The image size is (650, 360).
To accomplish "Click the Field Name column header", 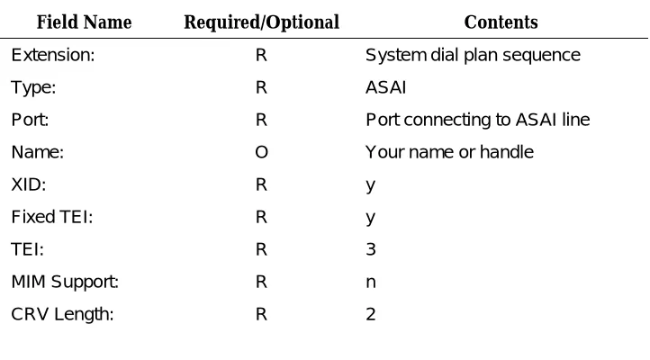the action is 84,22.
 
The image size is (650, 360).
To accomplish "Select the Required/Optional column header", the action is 262,22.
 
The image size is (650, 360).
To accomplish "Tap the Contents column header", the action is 501,22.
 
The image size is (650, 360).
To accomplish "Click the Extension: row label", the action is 53,55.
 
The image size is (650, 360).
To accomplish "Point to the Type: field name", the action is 33,88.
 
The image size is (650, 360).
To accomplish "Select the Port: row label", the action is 30,120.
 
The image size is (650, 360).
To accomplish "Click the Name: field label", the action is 37,152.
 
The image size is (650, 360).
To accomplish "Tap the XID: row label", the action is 29,184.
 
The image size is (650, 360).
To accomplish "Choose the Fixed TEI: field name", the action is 52,217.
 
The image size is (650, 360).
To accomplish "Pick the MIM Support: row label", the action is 65,283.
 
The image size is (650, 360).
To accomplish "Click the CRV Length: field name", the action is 62,315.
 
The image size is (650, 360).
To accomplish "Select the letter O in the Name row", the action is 262,152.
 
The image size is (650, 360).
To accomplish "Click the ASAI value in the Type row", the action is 385,87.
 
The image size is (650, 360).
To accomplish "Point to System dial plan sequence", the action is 473,56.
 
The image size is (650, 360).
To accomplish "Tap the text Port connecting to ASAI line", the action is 477,120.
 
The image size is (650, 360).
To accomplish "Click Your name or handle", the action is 449,152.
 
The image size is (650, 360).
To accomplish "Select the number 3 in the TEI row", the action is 371,249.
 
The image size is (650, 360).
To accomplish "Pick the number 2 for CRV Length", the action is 371,314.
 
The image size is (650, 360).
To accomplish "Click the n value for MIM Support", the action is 371,283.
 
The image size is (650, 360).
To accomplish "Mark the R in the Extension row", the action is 261,55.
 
